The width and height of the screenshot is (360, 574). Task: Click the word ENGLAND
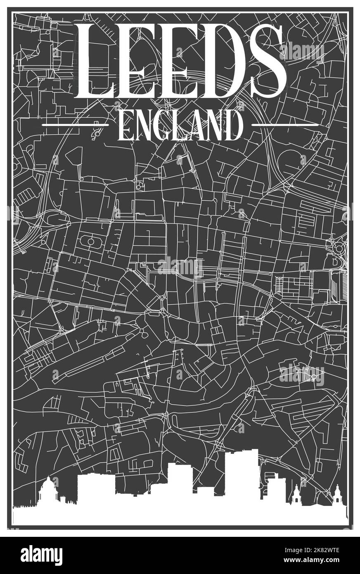(180, 125)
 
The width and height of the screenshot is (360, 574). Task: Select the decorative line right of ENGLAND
(285, 124)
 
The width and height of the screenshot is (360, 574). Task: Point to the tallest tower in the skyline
(241, 475)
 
